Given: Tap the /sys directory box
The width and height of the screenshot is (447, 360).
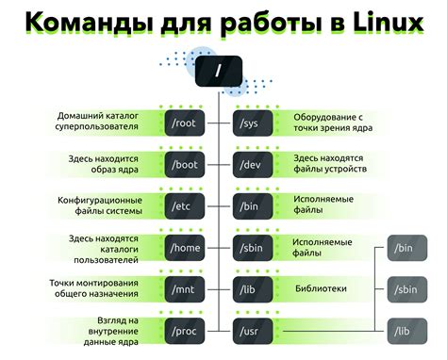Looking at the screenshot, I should [x=252, y=123].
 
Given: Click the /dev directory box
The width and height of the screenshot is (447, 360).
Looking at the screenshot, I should [x=252, y=164].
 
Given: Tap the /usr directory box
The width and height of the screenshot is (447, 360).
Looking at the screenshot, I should [x=252, y=330].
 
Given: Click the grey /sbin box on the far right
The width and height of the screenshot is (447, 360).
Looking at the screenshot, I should [x=406, y=288].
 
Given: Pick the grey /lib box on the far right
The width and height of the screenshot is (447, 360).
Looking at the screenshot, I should [x=406, y=330].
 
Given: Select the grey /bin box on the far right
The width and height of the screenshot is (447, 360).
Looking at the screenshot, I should [x=406, y=248].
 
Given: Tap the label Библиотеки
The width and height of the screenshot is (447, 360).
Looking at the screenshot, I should [x=322, y=288].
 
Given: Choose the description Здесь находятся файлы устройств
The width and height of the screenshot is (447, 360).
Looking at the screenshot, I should [x=330, y=164].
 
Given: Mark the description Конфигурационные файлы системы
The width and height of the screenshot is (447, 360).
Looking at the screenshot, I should [x=99, y=205].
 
